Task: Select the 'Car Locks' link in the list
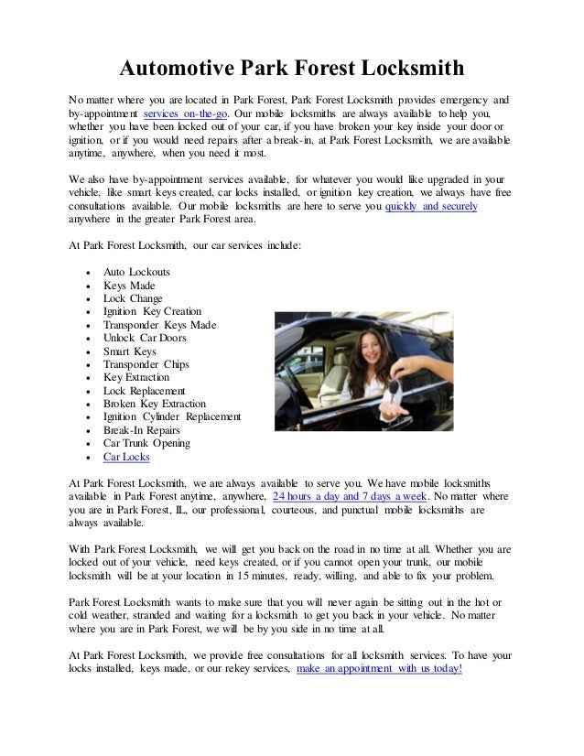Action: (127, 457)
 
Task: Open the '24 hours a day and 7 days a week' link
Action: (350, 495)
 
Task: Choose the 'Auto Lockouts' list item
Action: (136, 273)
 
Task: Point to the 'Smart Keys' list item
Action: (130, 351)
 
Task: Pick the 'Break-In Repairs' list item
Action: (142, 430)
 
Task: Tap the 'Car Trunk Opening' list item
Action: (147, 444)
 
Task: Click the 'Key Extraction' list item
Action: (136, 378)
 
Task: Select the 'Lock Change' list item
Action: (134, 299)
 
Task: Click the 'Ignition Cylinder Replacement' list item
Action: (172, 417)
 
